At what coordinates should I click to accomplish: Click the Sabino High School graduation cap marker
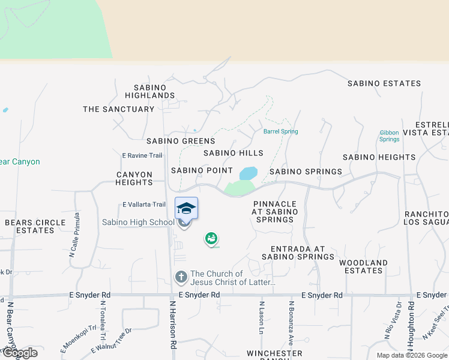click(186, 209)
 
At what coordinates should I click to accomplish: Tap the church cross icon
click(181, 277)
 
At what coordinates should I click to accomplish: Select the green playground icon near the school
click(211, 239)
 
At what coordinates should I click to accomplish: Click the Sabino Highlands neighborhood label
click(150, 91)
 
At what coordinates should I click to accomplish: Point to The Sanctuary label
click(119, 109)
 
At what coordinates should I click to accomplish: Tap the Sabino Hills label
click(233, 153)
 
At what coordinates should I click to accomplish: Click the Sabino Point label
click(202, 170)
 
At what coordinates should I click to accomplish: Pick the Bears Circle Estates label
click(35, 226)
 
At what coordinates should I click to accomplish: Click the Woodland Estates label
click(363, 266)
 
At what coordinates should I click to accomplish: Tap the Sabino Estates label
click(384, 83)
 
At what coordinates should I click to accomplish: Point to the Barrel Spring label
click(280, 131)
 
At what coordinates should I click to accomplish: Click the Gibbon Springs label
click(389, 136)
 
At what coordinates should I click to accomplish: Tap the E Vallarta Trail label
click(144, 205)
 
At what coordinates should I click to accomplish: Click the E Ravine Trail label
click(142, 155)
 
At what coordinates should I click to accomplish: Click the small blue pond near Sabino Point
click(248, 173)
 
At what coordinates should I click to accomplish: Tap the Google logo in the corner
click(19, 353)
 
